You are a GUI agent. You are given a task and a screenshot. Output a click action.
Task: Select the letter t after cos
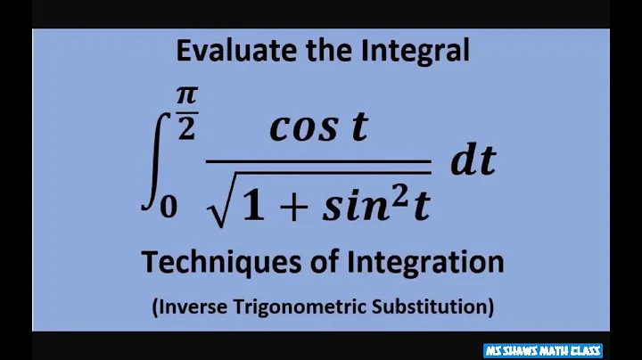(x=358, y=128)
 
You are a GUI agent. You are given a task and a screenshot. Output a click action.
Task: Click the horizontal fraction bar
(x=318, y=162)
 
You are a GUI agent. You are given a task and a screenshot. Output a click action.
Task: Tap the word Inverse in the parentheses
(x=190, y=307)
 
